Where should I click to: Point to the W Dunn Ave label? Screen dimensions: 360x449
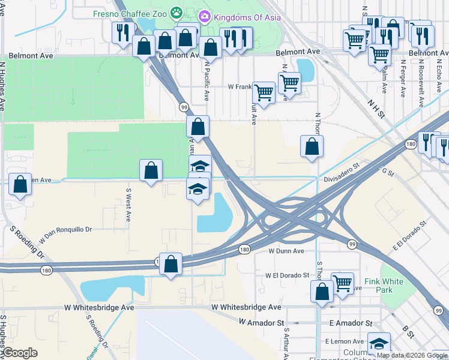[x=286, y=251]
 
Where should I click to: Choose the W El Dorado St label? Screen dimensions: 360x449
[x=287, y=275]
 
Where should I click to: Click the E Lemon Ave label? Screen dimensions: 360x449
[x=341, y=341]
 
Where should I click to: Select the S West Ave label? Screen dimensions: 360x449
[x=128, y=206]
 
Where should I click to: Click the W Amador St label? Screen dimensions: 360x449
[x=261, y=323]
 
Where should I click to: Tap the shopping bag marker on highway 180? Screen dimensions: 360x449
[x=171, y=263]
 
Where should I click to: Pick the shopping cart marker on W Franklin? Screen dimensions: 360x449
[x=264, y=92]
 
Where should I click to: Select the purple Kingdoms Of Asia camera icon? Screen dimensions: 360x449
[x=204, y=16]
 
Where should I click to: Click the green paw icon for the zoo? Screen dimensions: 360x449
[x=176, y=13]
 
